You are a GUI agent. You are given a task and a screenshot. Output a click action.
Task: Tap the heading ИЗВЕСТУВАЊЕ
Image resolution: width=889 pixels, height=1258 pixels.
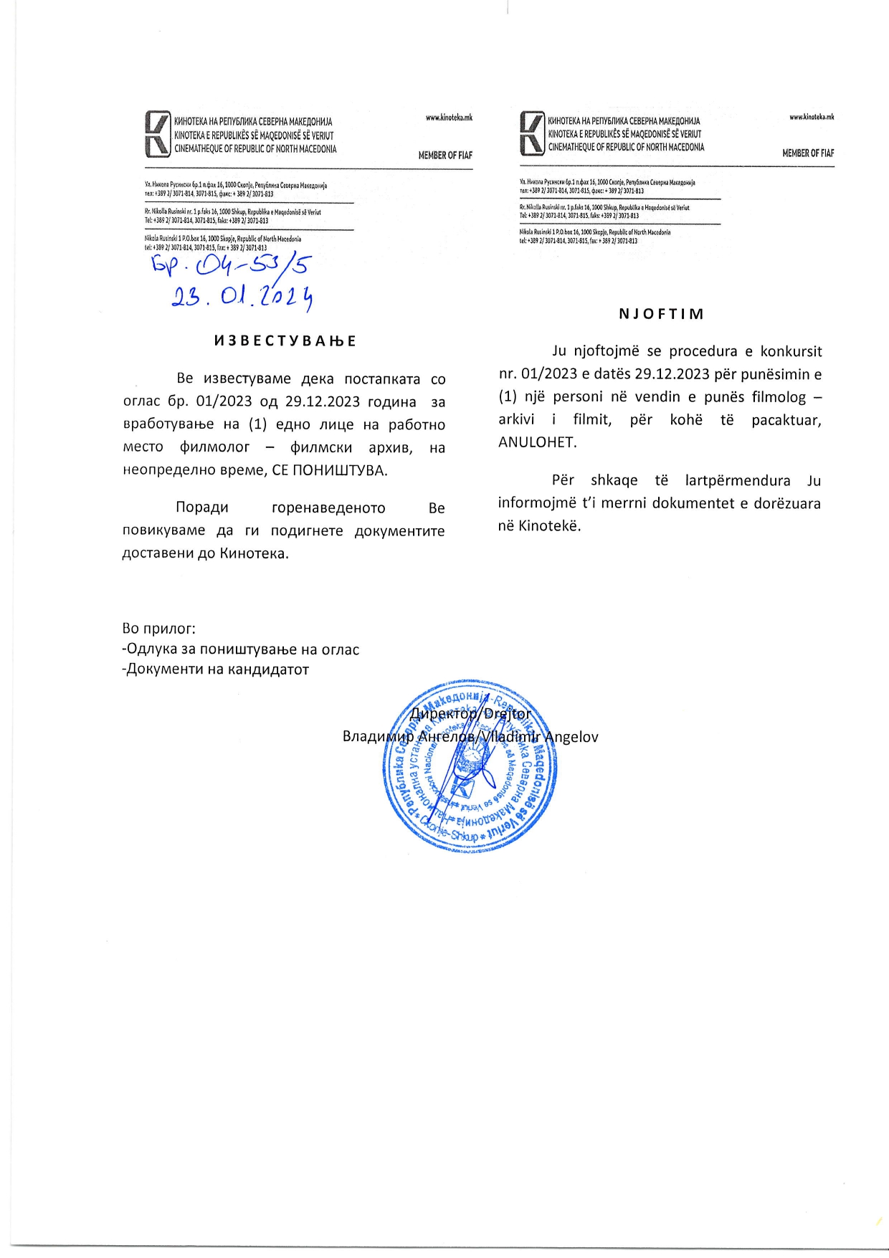(x=285, y=341)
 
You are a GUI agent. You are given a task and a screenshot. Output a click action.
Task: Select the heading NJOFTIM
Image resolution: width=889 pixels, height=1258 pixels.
(x=661, y=314)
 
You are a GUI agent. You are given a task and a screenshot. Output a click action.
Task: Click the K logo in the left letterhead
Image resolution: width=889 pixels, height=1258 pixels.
(x=158, y=134)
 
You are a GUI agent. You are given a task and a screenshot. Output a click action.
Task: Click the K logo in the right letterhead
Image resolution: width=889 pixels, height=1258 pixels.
(x=532, y=133)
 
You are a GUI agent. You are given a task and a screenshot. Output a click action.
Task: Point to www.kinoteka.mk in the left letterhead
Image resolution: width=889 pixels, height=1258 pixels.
(x=449, y=118)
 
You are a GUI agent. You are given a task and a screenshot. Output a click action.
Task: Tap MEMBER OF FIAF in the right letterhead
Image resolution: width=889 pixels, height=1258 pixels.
(x=808, y=153)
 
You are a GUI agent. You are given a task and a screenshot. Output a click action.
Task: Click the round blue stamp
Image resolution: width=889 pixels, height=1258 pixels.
(x=470, y=766)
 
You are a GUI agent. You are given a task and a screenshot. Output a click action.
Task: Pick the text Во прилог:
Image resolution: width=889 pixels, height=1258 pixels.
(x=158, y=629)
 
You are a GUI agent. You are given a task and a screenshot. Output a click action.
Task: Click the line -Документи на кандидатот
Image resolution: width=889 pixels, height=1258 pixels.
(x=215, y=669)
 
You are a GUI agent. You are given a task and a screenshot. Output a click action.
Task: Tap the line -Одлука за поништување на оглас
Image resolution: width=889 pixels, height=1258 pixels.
(x=241, y=649)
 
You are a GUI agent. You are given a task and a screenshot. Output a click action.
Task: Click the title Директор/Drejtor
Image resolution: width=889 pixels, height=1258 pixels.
(x=470, y=714)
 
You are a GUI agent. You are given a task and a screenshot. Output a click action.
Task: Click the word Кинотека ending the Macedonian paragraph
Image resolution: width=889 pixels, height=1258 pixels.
(x=254, y=553)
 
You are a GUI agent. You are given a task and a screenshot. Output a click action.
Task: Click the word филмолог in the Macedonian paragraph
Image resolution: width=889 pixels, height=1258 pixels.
(x=215, y=447)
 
